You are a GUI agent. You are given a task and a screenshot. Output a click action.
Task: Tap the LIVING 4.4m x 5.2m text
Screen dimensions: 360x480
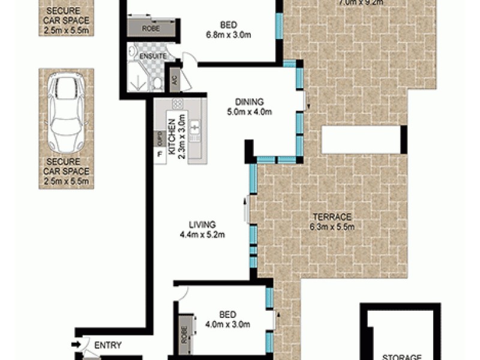[x=202, y=230]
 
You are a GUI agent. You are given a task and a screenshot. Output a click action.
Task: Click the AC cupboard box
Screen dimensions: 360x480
[x=175, y=79]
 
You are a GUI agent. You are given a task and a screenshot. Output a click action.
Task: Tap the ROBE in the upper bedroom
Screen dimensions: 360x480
[x=150, y=28]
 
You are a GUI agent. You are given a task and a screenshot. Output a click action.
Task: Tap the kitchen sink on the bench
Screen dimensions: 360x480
[x=194, y=127]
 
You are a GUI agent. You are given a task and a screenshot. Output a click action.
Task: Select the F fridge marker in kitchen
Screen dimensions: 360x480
[x=160, y=155]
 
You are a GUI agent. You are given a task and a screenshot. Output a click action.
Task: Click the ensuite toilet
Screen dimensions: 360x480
[x=157, y=83]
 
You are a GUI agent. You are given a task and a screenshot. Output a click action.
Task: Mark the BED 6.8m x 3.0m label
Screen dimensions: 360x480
[x=228, y=29]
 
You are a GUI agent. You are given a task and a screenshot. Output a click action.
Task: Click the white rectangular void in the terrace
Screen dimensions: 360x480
[x=361, y=140]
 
